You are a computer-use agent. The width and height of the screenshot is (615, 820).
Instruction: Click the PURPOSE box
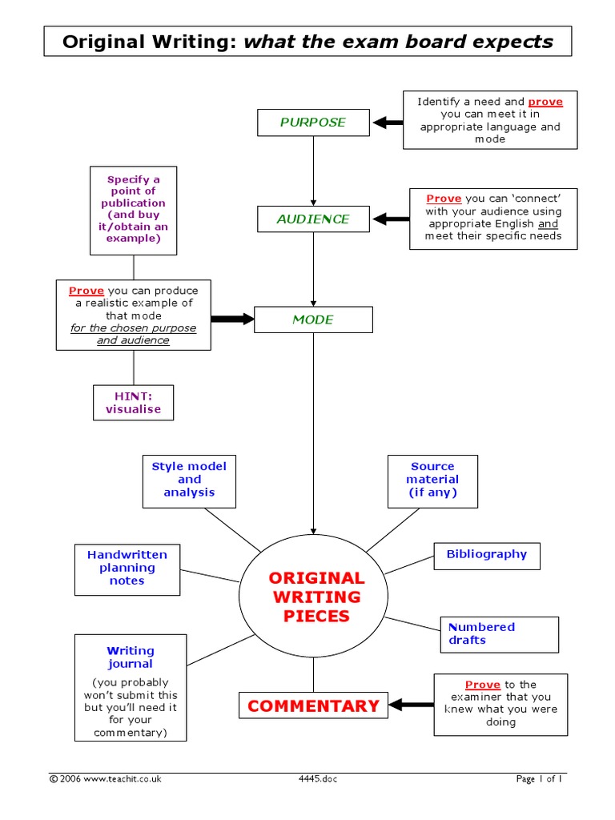tap(312, 123)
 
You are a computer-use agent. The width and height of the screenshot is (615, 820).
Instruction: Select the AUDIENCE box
tap(312, 219)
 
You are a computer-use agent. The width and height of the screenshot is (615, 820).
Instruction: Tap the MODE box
tap(312, 320)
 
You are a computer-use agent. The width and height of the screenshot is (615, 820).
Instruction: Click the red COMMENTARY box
tap(313, 705)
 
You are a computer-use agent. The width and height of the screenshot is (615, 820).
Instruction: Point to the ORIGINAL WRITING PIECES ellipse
tap(316, 597)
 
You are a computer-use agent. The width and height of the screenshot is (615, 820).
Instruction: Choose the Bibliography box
tap(486, 554)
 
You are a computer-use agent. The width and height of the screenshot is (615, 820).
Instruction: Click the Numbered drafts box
tap(499, 633)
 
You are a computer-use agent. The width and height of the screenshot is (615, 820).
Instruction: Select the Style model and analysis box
tap(189, 480)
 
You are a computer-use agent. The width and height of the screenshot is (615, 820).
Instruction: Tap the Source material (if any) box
tap(432, 480)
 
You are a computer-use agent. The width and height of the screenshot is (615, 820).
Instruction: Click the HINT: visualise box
tap(133, 403)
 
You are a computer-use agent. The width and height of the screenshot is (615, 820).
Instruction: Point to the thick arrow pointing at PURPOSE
tap(388, 123)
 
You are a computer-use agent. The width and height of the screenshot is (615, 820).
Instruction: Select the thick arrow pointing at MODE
tap(232, 319)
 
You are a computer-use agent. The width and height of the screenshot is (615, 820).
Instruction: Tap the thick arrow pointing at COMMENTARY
tap(411, 705)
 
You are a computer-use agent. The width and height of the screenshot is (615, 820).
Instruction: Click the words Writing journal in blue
tap(131, 657)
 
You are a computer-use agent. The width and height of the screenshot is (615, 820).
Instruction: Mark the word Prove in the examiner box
tap(483, 685)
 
